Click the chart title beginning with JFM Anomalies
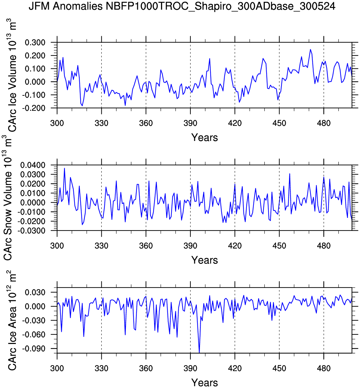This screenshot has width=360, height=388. coord(182,6)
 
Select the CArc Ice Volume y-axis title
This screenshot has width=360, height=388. coord(12,76)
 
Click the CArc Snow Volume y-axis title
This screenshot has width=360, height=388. coord(8,198)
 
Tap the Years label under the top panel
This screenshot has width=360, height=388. coord(204,137)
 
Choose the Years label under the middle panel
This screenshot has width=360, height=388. coord(204,260)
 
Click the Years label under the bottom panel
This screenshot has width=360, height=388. coord(204,382)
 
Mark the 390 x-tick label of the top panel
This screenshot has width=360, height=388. coord(190,123)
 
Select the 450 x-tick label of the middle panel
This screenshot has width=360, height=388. coord(279,246)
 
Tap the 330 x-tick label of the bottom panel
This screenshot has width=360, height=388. coord(101,368)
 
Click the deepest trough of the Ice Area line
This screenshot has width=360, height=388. coord(199,352)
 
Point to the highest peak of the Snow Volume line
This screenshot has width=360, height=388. coord(64,168)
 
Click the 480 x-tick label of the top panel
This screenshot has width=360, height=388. coord(324,123)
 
